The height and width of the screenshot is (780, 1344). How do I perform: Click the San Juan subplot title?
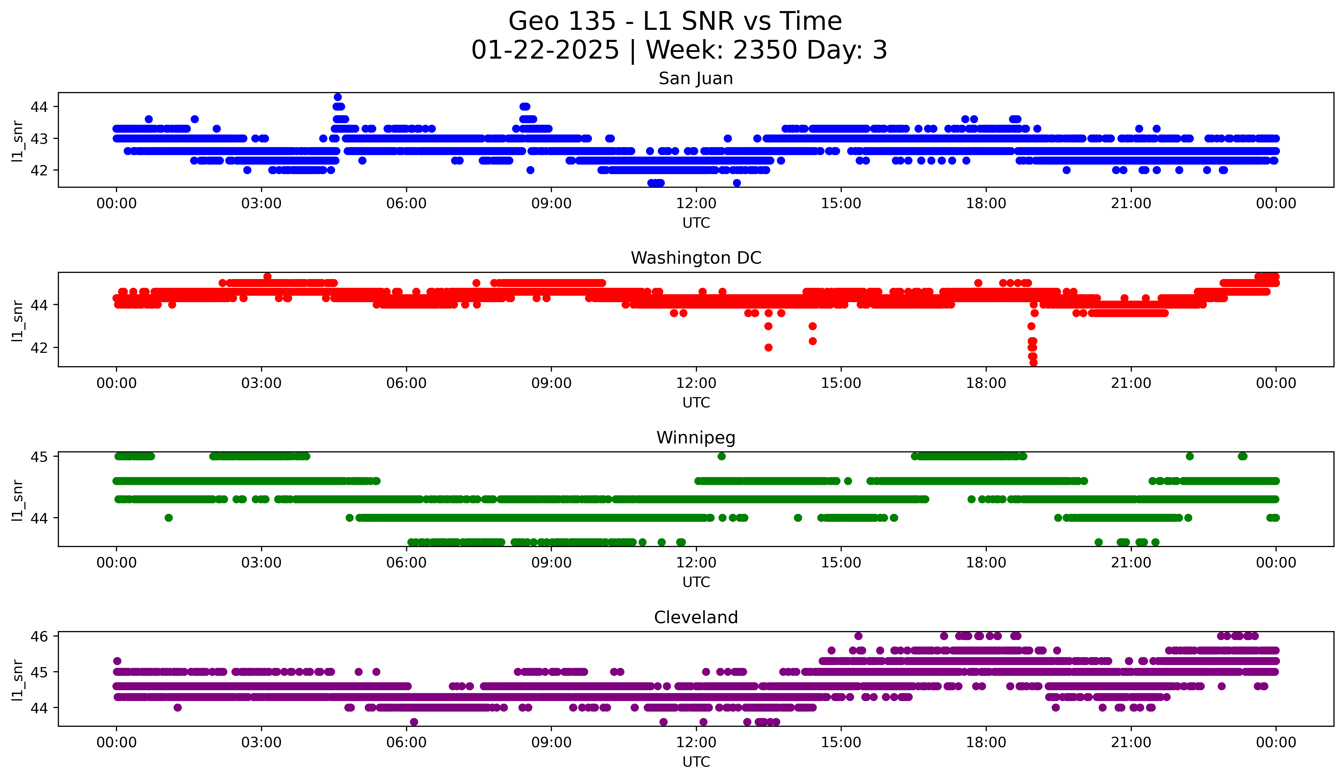(x=695, y=78)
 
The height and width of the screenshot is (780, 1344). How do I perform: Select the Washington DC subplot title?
(x=695, y=258)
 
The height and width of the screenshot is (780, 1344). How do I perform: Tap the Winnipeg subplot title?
(x=695, y=438)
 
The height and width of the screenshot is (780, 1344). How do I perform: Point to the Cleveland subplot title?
(x=695, y=617)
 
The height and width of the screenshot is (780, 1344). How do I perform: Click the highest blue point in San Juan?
(x=338, y=97)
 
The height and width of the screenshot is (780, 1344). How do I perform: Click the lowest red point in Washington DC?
(x=1033, y=363)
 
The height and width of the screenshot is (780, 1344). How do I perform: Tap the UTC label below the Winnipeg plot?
(x=695, y=582)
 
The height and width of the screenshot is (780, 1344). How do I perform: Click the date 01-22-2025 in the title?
(x=545, y=50)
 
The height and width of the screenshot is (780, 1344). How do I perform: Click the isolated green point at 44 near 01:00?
(x=168, y=518)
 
